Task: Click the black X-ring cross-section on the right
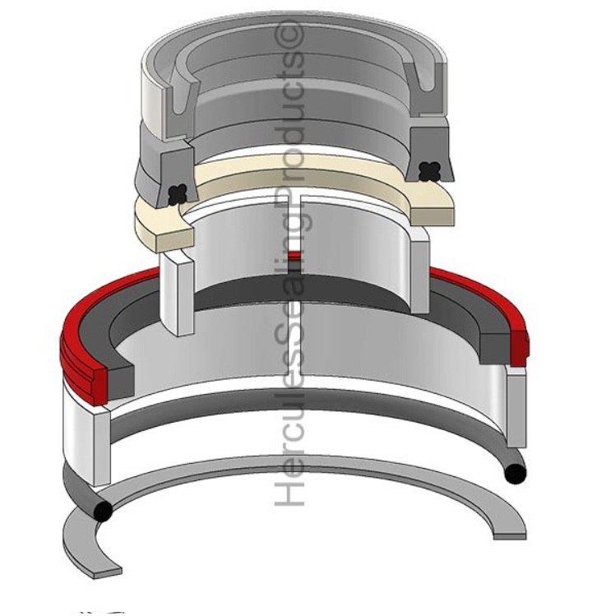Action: pos(428,172)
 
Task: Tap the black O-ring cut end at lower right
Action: pos(515,475)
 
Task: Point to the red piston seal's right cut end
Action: pos(519,349)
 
